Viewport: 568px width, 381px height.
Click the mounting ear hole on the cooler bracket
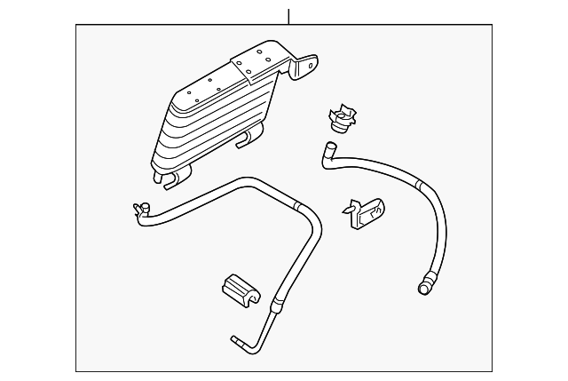pos(311,65)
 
